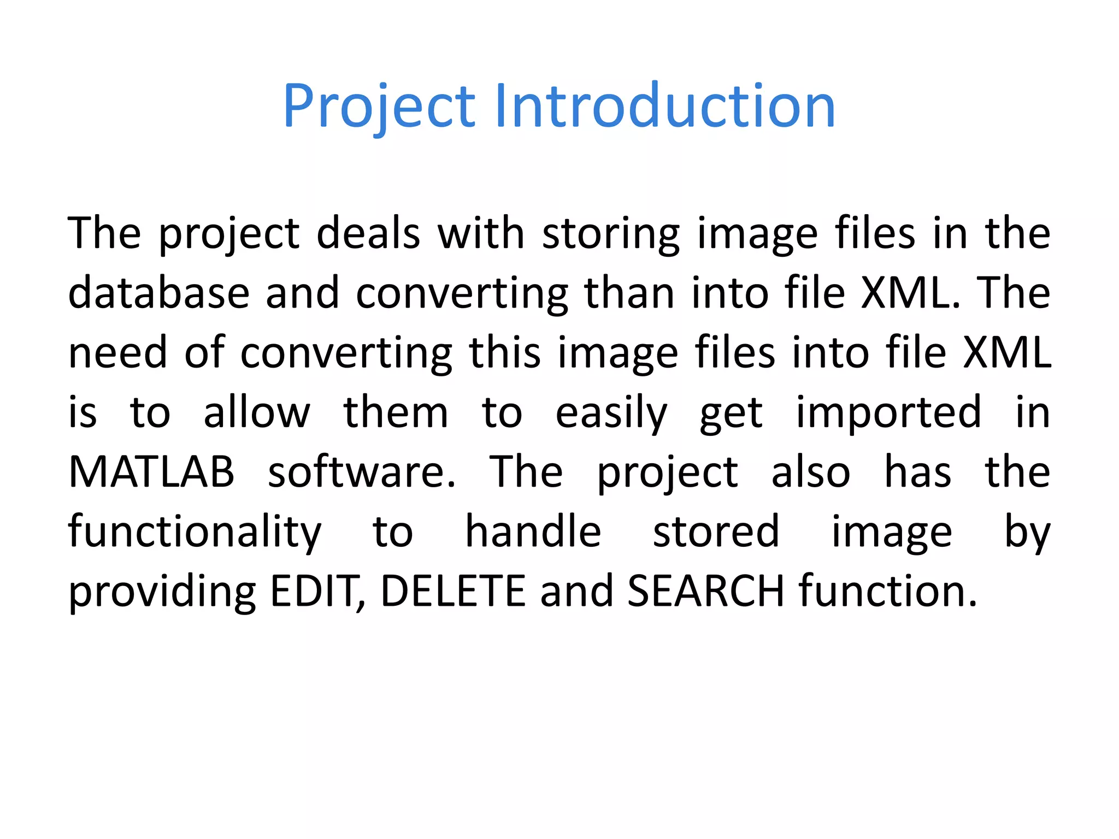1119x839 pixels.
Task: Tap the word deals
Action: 368,234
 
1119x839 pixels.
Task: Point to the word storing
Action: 610,234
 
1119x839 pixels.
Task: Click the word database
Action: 158,293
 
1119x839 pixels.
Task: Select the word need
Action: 117,352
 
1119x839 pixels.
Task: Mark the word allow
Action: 257,412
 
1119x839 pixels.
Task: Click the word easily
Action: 611,412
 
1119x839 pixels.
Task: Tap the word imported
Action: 888,412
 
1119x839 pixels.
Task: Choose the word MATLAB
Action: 151,472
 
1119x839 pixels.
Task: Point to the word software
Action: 361,472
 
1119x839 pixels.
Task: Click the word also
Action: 810,472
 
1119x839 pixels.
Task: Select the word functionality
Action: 195,531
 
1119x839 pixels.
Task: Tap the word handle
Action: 533,531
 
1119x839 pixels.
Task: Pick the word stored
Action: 716,531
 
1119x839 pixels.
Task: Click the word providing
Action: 162,592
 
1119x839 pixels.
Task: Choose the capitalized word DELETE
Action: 453,592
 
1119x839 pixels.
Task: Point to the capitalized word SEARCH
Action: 706,592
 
